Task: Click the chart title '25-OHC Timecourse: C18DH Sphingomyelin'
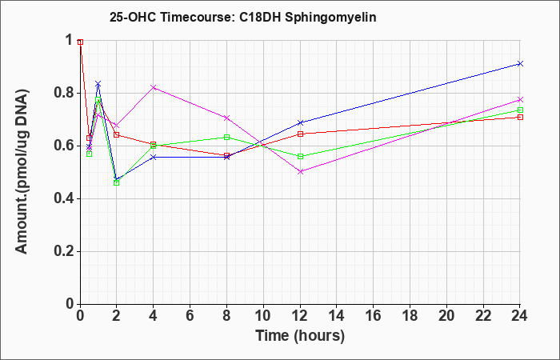coord(243,18)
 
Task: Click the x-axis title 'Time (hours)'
coord(300,336)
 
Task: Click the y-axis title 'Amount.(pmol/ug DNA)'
coord(22,171)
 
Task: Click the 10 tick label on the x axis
coord(263,316)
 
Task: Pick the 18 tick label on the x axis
coord(410,316)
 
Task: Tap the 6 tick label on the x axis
coord(190,316)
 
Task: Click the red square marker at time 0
coord(80,42)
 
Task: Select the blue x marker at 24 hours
coord(520,63)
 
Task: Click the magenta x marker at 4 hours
coord(154,87)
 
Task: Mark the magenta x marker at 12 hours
coord(300,172)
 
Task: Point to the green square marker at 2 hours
coord(117,183)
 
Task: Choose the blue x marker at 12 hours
coord(300,123)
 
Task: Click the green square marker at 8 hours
coord(226,137)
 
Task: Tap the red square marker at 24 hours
coord(520,117)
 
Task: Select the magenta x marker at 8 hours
coord(226,118)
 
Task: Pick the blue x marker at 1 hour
coord(98,84)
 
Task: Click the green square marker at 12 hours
coord(300,157)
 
